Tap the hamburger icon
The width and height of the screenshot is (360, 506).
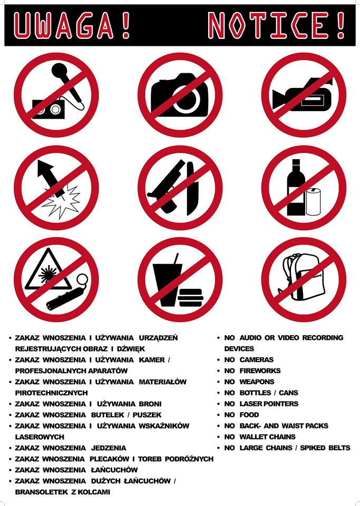[x=191, y=298]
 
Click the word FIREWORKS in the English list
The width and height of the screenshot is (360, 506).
[x=260, y=371]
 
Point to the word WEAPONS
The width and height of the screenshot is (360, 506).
[x=257, y=382]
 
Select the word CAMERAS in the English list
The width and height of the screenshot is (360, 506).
[x=257, y=359]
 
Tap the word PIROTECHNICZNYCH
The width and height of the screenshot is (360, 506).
[x=52, y=393]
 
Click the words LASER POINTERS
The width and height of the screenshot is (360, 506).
[x=269, y=404]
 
